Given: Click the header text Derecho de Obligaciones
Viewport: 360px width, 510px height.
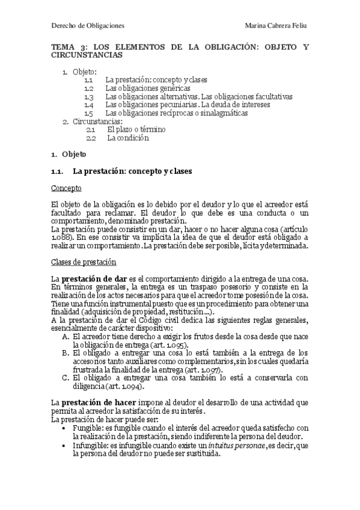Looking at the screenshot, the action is (x=87, y=25).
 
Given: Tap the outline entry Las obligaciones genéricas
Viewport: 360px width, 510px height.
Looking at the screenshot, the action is (x=143, y=88).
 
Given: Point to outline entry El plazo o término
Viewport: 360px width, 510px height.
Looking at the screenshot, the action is (x=136, y=129).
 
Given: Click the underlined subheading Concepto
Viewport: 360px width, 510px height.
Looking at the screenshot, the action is (x=66, y=188).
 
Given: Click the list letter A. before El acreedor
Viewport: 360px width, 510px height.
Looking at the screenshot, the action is (x=66, y=337).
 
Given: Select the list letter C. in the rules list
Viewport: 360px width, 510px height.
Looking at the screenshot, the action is (x=66, y=378).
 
